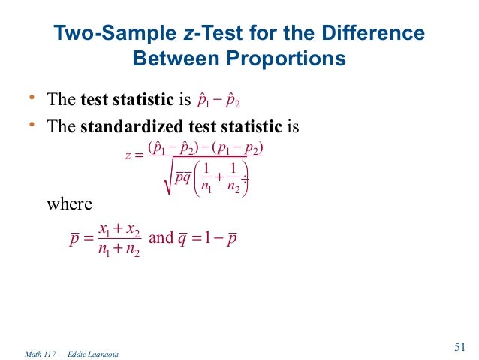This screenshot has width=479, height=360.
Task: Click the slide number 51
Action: tap(460, 346)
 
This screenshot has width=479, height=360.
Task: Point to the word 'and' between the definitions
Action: tap(161, 238)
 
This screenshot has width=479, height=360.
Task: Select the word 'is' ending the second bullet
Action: tap(292, 126)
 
